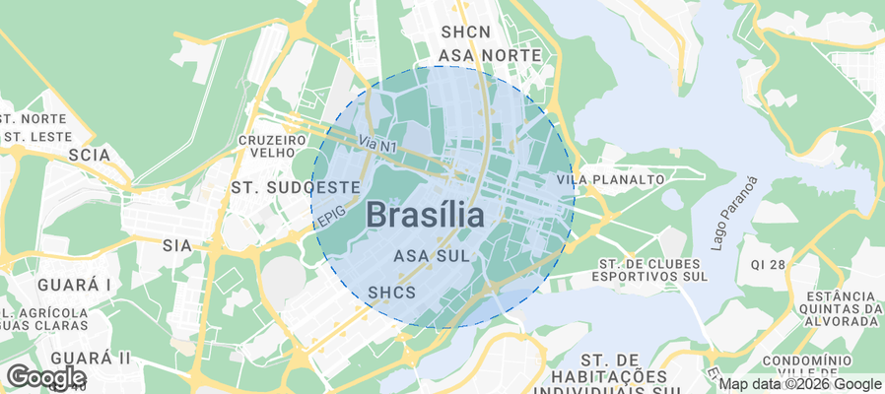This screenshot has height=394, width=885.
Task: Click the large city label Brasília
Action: click(x=426, y=215)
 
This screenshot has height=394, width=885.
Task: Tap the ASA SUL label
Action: click(x=430, y=256)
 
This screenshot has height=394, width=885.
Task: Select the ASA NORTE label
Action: click(x=490, y=55)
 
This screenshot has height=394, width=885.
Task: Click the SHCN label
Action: click(x=466, y=33)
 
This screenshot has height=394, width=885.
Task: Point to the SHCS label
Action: click(x=391, y=293)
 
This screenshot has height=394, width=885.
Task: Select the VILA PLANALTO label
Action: click(x=610, y=180)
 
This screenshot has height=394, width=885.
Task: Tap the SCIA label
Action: click(x=89, y=155)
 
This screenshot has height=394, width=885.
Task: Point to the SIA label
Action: click(x=176, y=244)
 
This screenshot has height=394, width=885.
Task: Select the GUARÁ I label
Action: click(x=74, y=285)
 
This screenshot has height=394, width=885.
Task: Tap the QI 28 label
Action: click(x=768, y=265)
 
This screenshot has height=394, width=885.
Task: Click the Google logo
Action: click(x=45, y=376)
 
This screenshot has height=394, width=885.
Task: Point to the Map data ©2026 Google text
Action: click(x=799, y=384)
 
